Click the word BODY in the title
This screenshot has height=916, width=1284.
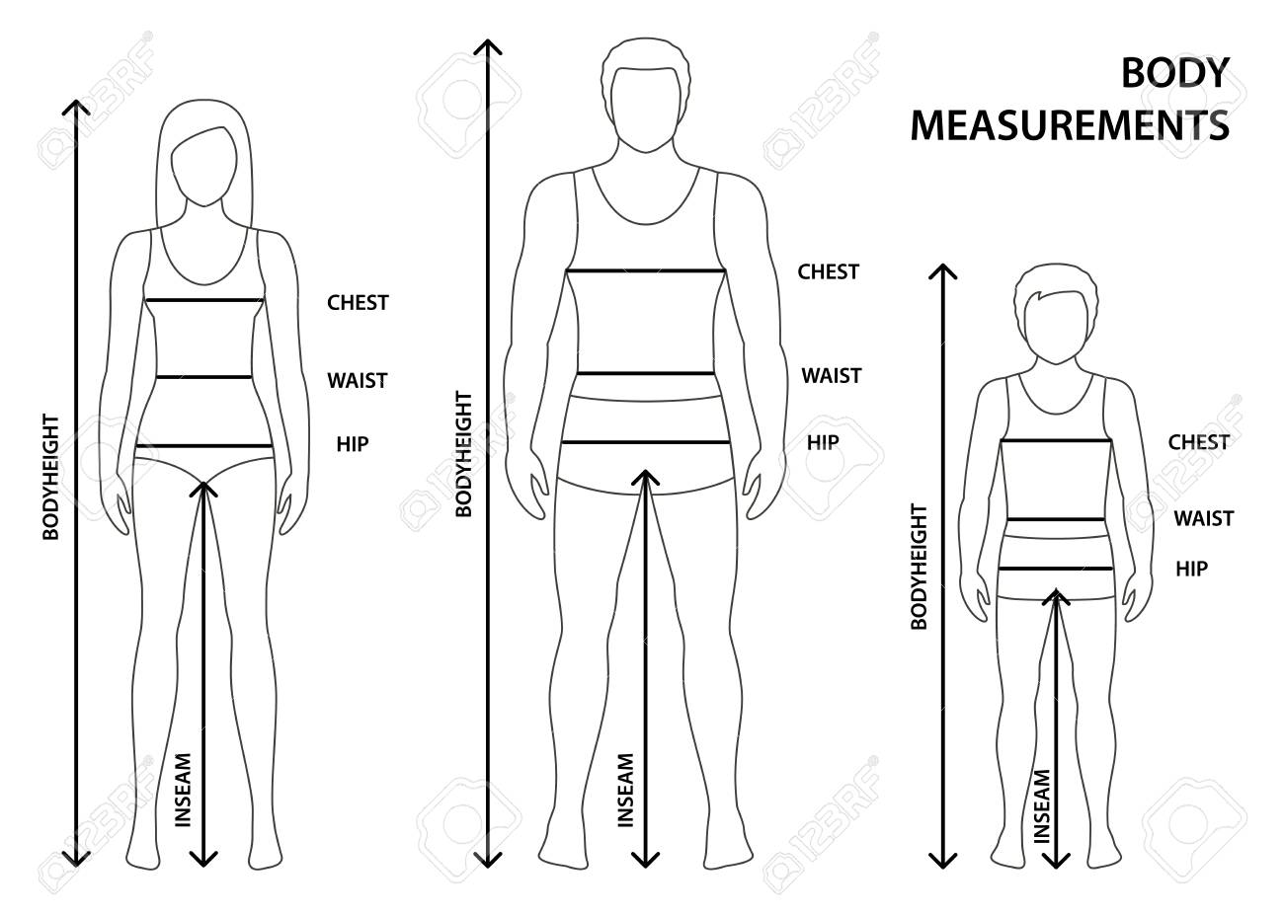click(x=1175, y=73)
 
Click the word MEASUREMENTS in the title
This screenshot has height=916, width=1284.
click(x=1070, y=125)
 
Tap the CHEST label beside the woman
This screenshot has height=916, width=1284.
click(x=358, y=302)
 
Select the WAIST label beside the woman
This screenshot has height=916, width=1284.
click(x=358, y=380)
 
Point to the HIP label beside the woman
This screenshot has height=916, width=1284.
click(x=353, y=444)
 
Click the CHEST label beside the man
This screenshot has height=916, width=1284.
click(x=829, y=271)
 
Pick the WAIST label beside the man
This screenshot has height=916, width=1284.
click(x=832, y=376)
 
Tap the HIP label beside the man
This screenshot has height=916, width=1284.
click(x=823, y=442)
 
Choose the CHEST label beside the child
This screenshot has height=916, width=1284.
click(x=1199, y=441)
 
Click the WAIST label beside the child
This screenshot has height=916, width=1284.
click(x=1204, y=518)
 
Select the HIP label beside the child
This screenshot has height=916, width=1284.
click(x=1192, y=569)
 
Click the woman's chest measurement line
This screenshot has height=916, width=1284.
click(x=204, y=300)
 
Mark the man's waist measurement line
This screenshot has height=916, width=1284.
click(x=645, y=373)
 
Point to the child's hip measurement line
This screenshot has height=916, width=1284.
click(x=1056, y=569)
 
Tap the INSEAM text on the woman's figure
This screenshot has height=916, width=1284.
click(x=183, y=790)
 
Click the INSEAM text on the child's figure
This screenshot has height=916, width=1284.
click(x=1042, y=806)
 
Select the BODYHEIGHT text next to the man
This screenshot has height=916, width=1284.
click(x=463, y=454)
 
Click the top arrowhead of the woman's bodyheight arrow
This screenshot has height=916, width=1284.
click(x=76, y=108)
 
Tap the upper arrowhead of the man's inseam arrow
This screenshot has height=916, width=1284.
click(x=645, y=478)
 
